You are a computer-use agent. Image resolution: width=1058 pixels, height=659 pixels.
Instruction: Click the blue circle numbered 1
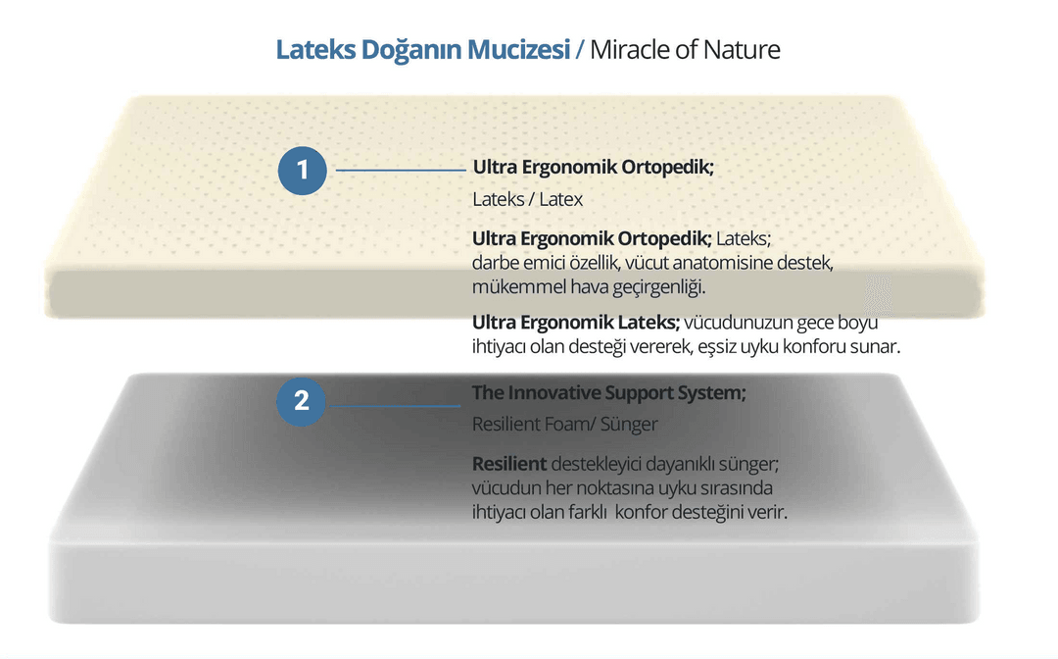pyautogui.click(x=303, y=171)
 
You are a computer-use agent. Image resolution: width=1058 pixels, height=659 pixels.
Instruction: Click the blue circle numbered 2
pyautogui.click(x=301, y=402)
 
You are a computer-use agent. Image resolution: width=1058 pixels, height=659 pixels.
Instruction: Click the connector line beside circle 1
pyautogui.click(x=401, y=171)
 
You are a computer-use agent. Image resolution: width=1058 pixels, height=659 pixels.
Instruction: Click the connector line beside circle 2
pyautogui.click(x=396, y=406)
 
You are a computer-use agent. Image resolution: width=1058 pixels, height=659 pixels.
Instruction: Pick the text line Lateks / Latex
pyautogui.click(x=528, y=199)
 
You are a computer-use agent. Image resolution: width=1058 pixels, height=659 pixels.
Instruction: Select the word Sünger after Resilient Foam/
pyautogui.click(x=629, y=425)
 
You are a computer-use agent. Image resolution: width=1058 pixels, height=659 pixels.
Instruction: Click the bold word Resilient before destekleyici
pyautogui.click(x=509, y=464)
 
